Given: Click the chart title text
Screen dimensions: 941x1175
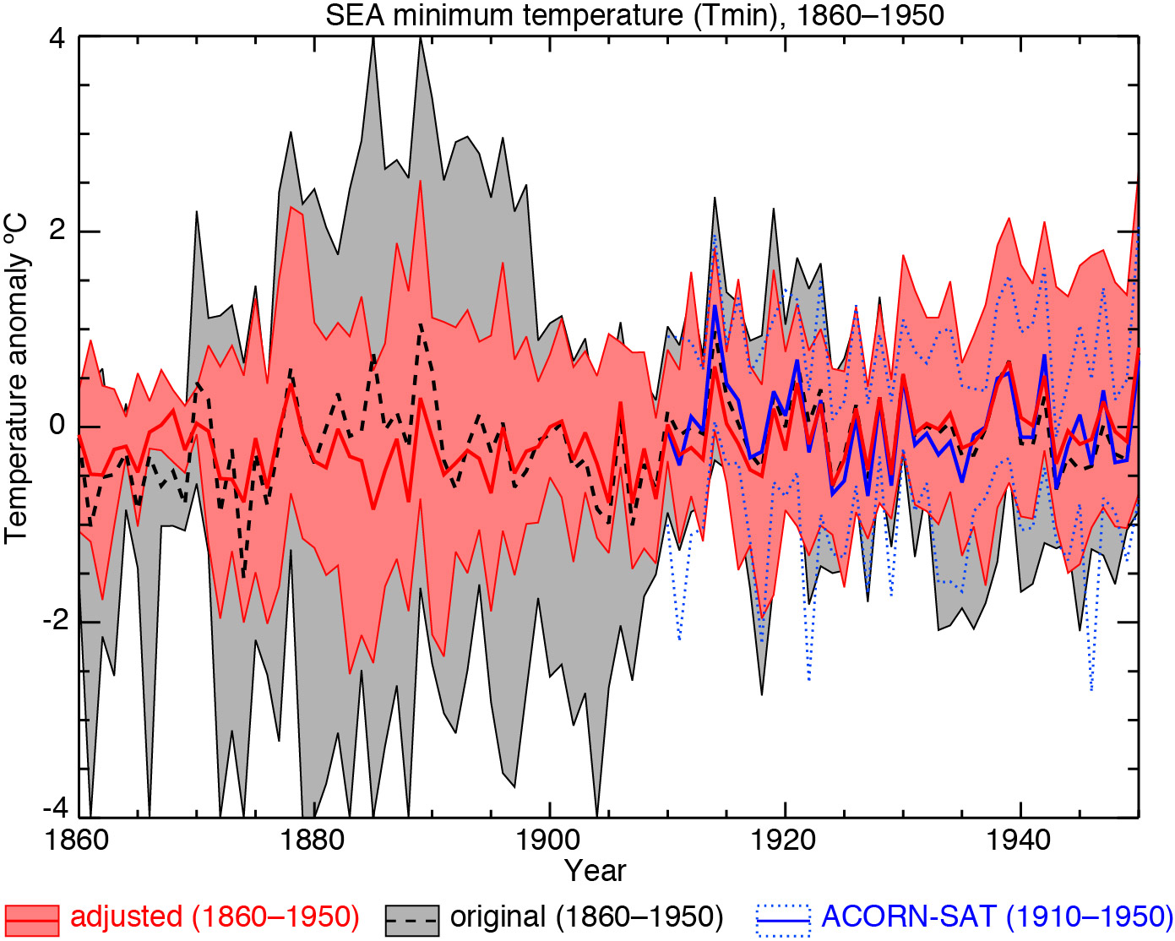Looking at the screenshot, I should (x=634, y=14).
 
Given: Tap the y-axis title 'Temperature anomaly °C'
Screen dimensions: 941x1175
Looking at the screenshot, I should (x=16, y=378).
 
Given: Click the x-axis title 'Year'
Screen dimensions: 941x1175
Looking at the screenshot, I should (x=596, y=871).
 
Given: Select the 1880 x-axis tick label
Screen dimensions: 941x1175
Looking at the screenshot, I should (x=314, y=841).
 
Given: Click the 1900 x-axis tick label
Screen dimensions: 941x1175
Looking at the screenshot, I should (x=550, y=841).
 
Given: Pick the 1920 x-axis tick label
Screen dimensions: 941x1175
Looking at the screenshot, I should (x=786, y=841).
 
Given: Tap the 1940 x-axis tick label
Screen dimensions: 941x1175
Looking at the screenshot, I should (x=1021, y=841).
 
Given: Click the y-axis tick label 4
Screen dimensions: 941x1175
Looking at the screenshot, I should (x=58, y=39).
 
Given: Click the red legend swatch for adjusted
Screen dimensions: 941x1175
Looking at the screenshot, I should (x=32, y=918).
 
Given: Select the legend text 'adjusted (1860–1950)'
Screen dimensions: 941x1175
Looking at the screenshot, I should (x=215, y=917).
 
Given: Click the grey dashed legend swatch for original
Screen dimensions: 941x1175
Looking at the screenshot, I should (x=411, y=918).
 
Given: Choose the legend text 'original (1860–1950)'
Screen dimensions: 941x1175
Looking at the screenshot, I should (x=586, y=917).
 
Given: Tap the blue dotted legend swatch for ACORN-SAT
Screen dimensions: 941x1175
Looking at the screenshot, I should (x=783, y=918).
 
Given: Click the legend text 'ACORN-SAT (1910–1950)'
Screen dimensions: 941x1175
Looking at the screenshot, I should (x=997, y=917).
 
